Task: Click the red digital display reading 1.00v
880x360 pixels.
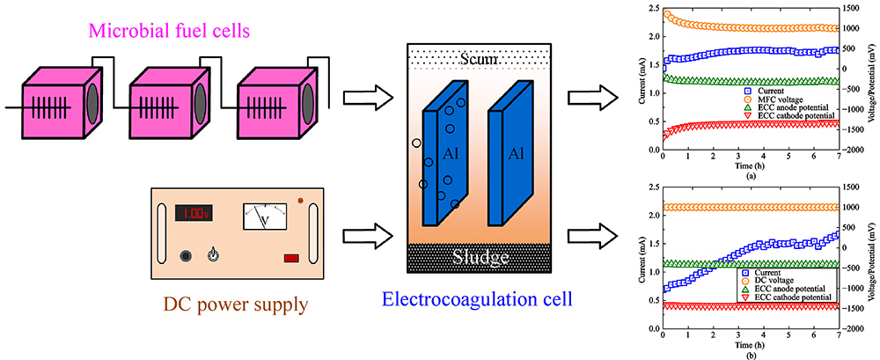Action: tap(194, 213)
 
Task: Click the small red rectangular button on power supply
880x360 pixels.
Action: tap(292, 257)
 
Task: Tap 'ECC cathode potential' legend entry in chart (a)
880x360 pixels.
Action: tap(788, 116)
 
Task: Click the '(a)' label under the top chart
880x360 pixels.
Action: tap(751, 175)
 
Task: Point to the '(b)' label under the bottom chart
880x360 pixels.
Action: tap(751, 355)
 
